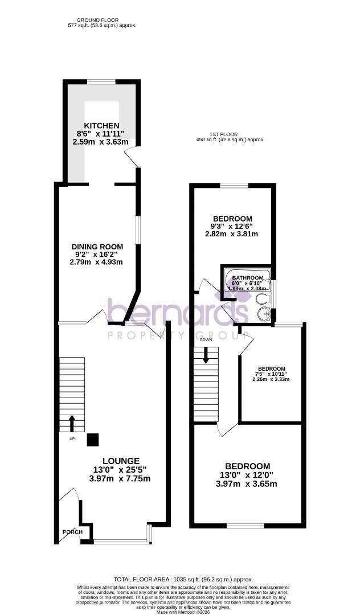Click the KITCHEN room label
101,125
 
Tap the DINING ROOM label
96,246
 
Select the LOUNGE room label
121,461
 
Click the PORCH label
72,532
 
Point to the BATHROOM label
247,278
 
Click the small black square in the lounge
92,440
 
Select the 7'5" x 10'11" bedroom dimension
271,374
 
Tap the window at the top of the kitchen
101,82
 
